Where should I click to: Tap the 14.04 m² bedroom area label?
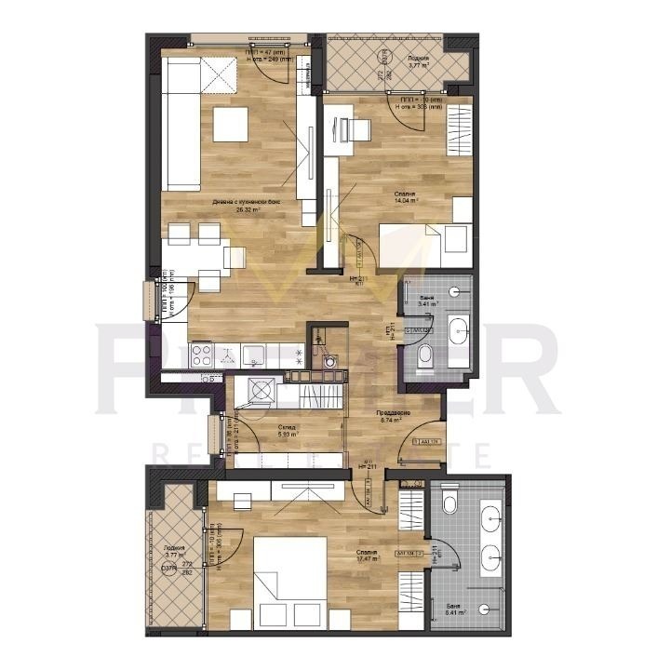pyautogui.click(x=405, y=196)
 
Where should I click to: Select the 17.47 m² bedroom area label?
pyautogui.click(x=366, y=556)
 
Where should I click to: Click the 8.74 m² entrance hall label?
pyautogui.click(x=389, y=416)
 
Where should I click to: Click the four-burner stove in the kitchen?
pyautogui.click(x=204, y=355)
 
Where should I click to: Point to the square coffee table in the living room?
pyautogui.click(x=230, y=125)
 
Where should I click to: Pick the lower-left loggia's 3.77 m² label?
pyautogui.click(x=173, y=551)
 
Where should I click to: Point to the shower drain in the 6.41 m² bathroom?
pyautogui.click(x=483, y=610)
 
